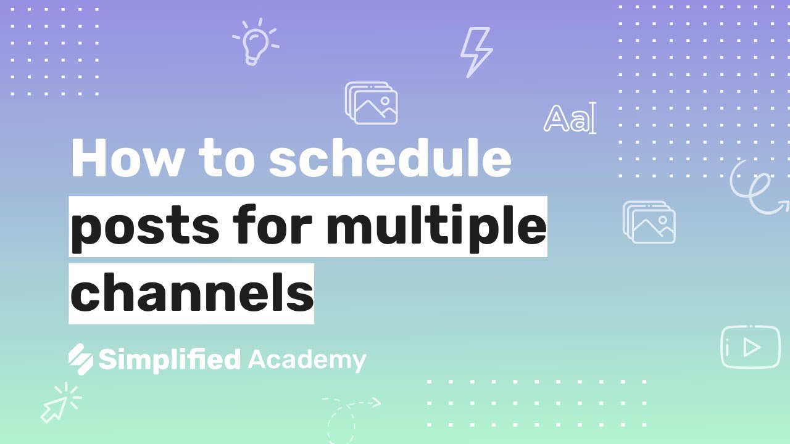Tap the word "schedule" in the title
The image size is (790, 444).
point(390,157)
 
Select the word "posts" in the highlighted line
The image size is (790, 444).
point(145,228)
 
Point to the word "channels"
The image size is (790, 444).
point(192,292)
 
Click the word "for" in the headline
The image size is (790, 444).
point(273,224)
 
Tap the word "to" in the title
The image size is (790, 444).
point(227,160)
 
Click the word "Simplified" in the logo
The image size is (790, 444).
point(170,360)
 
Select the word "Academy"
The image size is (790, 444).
point(307,361)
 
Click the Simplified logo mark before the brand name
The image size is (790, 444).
point(81,359)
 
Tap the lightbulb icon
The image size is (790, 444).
point(256,42)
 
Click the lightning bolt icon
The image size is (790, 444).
point(477,52)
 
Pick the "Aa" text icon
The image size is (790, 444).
point(570,118)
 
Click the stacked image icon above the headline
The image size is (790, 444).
point(372,103)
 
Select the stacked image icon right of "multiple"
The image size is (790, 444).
point(649,222)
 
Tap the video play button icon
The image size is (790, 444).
point(750,347)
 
